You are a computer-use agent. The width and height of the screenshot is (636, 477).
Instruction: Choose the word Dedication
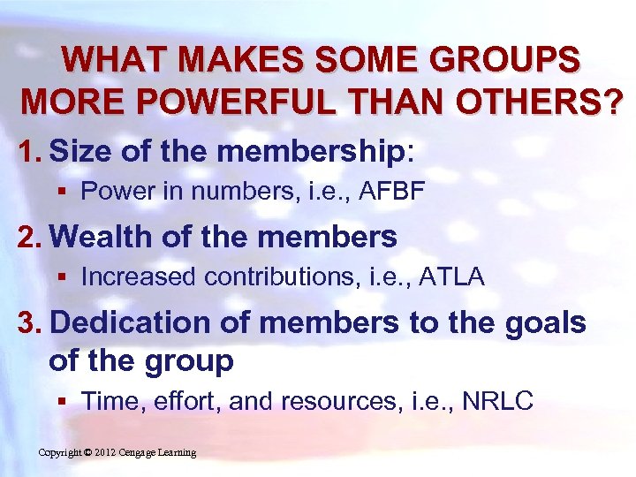click(x=129, y=323)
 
